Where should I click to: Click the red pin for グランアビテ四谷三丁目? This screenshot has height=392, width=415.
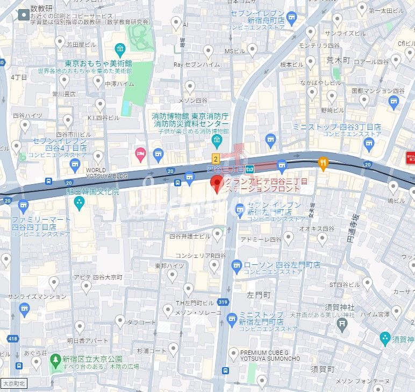click(216, 184)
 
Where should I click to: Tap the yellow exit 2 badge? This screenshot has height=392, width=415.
click(216, 158)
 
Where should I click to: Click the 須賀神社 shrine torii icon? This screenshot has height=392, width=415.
click(341, 322)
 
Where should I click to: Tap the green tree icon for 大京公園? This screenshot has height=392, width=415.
click(54, 359)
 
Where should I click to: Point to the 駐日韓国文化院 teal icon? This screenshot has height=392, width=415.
click(79, 204)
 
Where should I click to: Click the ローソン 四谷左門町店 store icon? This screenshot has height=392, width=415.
click(237, 265)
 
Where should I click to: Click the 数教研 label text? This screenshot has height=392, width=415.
click(41, 9)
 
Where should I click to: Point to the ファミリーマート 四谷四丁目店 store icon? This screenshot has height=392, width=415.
click(23, 205)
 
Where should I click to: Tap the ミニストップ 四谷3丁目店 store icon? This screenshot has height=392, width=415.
click(369, 143)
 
